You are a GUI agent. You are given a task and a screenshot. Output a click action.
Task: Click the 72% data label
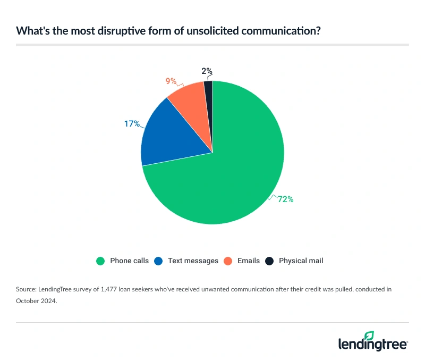point(285,199)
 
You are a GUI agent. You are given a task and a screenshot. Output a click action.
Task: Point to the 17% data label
point(132,124)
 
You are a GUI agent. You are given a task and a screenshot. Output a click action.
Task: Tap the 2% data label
point(207,71)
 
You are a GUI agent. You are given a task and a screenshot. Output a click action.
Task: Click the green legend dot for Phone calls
point(100,261)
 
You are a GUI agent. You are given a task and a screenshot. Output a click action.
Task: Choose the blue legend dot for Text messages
point(158,261)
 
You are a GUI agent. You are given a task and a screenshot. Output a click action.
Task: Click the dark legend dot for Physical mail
point(269,261)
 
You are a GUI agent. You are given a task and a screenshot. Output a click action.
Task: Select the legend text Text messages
point(193,261)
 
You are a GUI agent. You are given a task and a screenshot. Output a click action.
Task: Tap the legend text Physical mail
point(301,261)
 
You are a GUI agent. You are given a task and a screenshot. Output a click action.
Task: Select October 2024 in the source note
point(37,300)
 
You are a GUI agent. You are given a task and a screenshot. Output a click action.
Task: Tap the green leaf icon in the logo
point(369,336)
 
